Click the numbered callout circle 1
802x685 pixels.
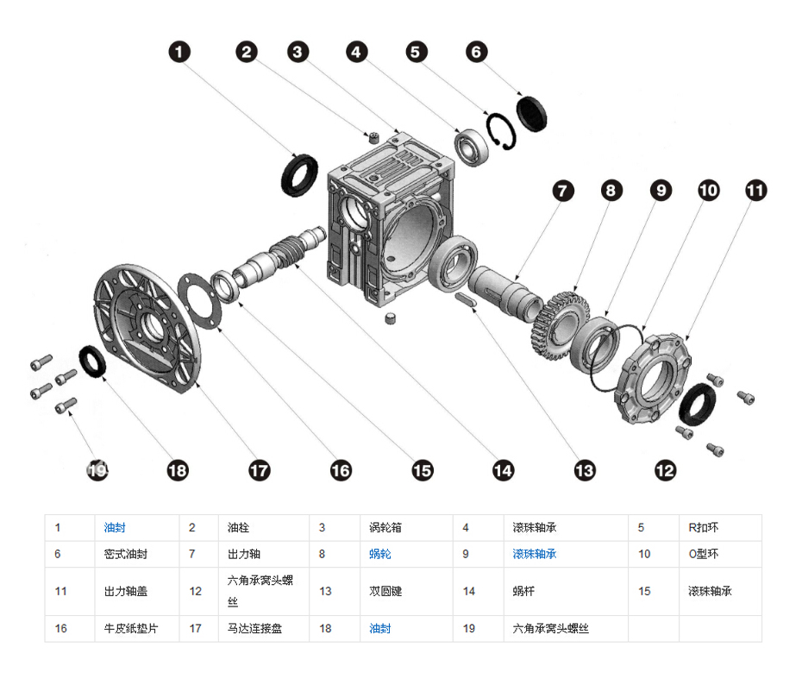[179, 53]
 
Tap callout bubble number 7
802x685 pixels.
[563, 191]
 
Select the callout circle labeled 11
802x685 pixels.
[755, 191]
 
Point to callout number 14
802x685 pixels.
[503, 469]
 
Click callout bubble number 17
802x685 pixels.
[259, 469]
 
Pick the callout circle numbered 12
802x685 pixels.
[665, 469]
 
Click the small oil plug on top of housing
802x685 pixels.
[374, 136]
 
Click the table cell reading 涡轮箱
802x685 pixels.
[380, 527]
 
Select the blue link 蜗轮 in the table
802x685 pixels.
[380, 554]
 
